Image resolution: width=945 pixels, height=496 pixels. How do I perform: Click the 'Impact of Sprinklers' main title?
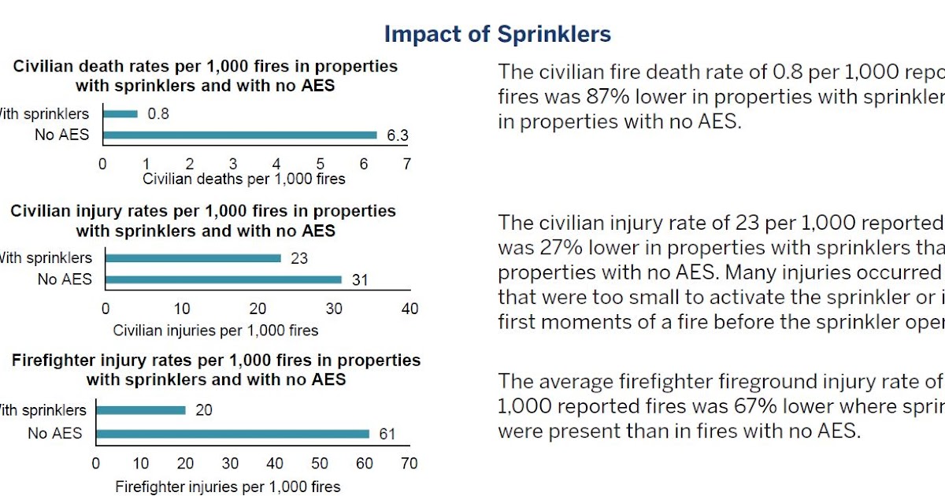[497, 35]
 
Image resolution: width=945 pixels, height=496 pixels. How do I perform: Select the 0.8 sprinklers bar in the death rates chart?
[120, 114]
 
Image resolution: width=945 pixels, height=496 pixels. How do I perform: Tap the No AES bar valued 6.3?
[239, 135]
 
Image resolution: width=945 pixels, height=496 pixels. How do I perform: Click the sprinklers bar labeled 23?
[193, 257]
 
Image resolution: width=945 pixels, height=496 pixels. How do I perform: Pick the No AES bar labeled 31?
[224, 279]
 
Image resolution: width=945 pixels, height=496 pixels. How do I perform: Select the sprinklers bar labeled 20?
[140, 410]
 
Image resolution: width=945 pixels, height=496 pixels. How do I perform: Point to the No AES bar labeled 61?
[232, 433]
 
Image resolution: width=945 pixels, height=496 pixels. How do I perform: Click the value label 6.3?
[397, 136]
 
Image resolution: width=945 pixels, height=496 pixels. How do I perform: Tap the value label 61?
[386, 434]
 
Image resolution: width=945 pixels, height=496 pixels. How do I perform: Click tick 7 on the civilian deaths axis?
[406, 164]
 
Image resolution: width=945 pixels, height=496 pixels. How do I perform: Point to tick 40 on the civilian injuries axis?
[410, 309]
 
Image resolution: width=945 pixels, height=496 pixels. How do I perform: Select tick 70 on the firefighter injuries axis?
[409, 464]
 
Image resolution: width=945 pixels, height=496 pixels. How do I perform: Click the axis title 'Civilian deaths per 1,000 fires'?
[243, 179]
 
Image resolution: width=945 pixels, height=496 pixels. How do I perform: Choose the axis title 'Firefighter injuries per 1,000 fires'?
[228, 487]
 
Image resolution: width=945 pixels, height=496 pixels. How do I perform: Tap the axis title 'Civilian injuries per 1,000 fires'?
[216, 330]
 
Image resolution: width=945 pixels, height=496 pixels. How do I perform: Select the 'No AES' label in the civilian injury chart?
[65, 279]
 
